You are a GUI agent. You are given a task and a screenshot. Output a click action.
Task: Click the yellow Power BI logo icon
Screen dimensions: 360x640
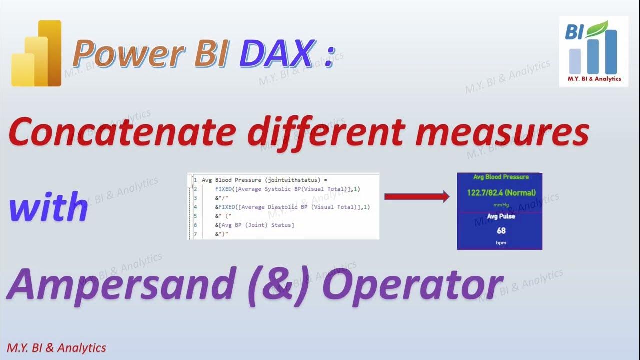pyautogui.click(x=36, y=53)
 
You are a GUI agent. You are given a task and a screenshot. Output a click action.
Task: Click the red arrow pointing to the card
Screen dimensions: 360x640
pyautogui.click(x=417, y=197)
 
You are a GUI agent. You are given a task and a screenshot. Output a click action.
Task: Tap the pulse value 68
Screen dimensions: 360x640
pyautogui.click(x=501, y=231)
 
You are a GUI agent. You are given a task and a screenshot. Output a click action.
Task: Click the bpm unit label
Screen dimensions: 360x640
pyautogui.click(x=501, y=242)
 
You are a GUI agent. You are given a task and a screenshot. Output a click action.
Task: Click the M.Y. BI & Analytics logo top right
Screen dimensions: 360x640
pyautogui.click(x=593, y=51)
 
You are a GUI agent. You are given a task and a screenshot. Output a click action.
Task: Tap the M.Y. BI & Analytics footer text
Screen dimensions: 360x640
pyautogui.click(x=56, y=348)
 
